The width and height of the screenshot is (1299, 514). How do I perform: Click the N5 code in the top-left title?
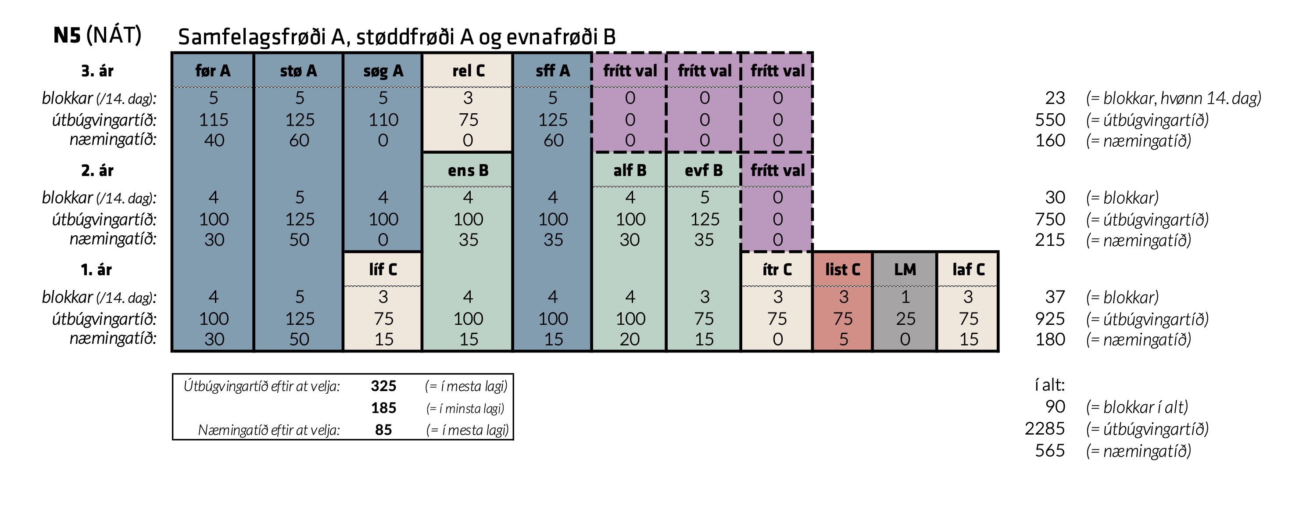click(x=67, y=35)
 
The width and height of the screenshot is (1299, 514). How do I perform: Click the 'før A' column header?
click(x=213, y=71)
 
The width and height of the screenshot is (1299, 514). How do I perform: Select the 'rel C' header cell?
click(x=469, y=71)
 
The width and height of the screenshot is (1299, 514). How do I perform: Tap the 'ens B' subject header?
click(x=468, y=170)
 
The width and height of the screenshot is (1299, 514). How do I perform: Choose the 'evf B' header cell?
click(x=704, y=170)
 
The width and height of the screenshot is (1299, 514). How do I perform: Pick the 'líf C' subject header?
click(x=383, y=270)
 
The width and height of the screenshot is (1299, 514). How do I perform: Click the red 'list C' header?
click(x=843, y=270)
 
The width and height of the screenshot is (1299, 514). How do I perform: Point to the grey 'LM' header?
click(x=905, y=270)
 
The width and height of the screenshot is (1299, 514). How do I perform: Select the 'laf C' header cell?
click(x=968, y=270)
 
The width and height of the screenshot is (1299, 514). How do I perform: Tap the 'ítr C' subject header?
click(x=777, y=270)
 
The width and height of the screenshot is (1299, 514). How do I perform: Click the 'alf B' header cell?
click(x=630, y=170)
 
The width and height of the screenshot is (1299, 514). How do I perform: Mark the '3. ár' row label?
click(x=97, y=71)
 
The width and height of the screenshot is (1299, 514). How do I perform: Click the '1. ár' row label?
click(x=97, y=270)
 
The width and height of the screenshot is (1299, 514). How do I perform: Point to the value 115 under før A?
click(x=214, y=119)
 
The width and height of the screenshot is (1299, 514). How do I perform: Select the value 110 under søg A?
click(x=383, y=119)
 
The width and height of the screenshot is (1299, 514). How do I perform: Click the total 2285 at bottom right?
click(x=1045, y=428)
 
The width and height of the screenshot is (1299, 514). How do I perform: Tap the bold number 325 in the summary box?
click(x=383, y=386)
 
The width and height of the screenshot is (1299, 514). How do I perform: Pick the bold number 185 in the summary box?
click(x=383, y=408)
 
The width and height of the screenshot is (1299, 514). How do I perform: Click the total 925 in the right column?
click(x=1049, y=319)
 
